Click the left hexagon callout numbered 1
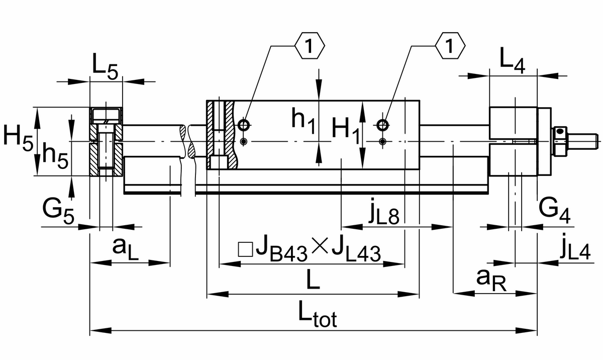310,47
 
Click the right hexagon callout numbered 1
450,47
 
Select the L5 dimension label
105,67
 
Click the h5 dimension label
54,153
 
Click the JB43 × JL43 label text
310,248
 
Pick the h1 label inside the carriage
304,122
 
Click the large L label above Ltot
312,280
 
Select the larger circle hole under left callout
244,124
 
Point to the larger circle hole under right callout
383,124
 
